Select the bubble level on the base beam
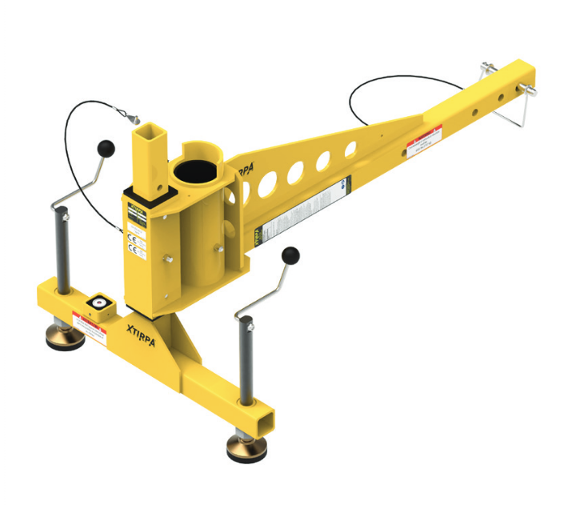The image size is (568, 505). point(99,303)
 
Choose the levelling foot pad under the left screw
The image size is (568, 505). point(65,339)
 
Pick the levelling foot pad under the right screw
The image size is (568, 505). point(246,451)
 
